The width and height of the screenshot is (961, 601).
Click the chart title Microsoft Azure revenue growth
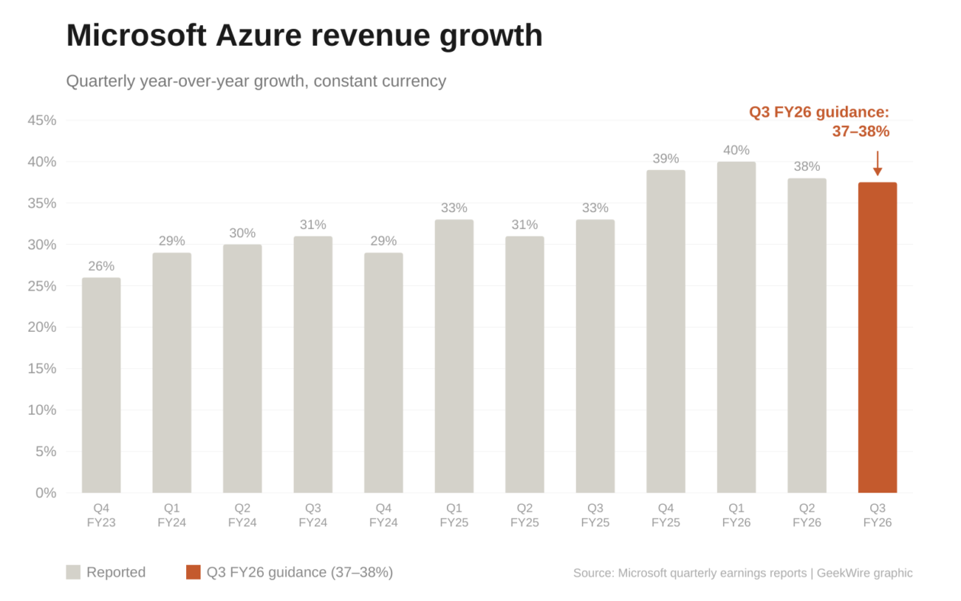(x=304, y=36)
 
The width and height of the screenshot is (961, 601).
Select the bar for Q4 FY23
(x=101, y=385)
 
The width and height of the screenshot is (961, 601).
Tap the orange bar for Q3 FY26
(x=877, y=337)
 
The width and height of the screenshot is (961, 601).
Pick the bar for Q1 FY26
(x=736, y=327)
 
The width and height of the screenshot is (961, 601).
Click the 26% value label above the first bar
(x=101, y=266)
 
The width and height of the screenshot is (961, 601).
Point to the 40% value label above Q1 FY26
(x=736, y=150)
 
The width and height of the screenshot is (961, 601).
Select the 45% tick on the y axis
(x=42, y=121)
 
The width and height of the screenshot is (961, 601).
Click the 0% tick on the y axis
(x=46, y=493)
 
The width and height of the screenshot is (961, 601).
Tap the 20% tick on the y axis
(x=42, y=327)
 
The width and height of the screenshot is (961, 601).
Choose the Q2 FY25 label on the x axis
(x=525, y=515)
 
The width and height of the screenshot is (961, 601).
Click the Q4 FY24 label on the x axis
(x=384, y=515)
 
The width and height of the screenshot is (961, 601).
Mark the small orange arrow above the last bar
(x=877, y=164)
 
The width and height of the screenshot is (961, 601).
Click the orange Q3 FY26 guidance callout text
(x=819, y=122)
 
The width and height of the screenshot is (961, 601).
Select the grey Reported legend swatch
(x=73, y=572)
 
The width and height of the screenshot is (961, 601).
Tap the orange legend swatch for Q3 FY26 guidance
(x=193, y=572)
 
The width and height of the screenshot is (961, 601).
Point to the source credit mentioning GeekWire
(x=742, y=573)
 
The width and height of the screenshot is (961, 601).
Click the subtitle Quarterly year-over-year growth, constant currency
(x=256, y=81)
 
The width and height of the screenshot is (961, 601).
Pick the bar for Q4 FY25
(x=666, y=331)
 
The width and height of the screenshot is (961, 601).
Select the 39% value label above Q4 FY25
(x=666, y=159)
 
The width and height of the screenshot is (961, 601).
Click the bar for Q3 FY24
(x=313, y=365)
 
